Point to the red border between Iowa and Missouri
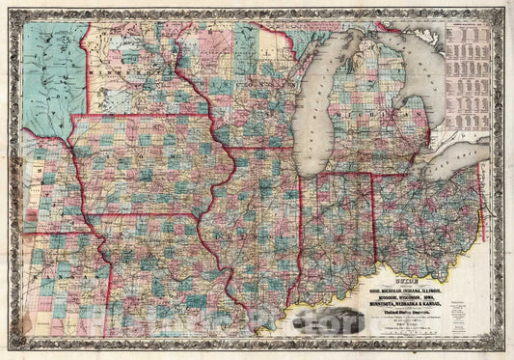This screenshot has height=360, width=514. [x=145, y=214]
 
